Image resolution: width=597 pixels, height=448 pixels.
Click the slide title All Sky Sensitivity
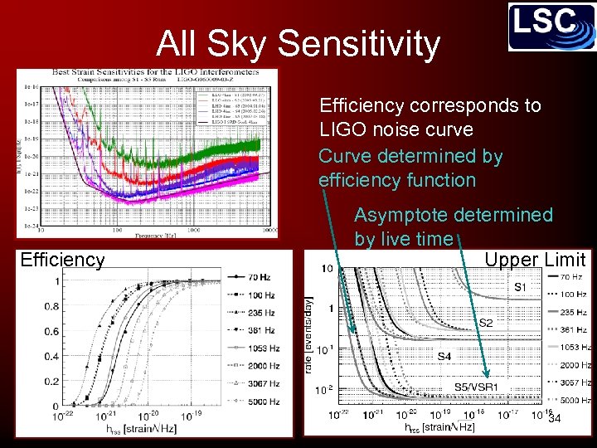click(x=298, y=43)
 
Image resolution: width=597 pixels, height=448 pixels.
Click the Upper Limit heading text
click(x=535, y=260)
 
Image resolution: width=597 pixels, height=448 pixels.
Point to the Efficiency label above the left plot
click(x=62, y=260)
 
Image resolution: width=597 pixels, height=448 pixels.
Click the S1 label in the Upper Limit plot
click(x=520, y=287)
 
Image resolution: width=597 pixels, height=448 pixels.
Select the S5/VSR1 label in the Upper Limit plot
click(x=475, y=387)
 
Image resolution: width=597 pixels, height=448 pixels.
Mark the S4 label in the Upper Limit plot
click(x=445, y=356)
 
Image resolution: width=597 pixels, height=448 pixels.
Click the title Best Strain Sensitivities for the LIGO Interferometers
click(x=154, y=72)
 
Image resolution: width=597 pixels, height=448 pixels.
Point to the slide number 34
click(x=555, y=418)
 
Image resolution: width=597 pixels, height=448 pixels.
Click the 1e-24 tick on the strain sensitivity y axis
click(x=30, y=226)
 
